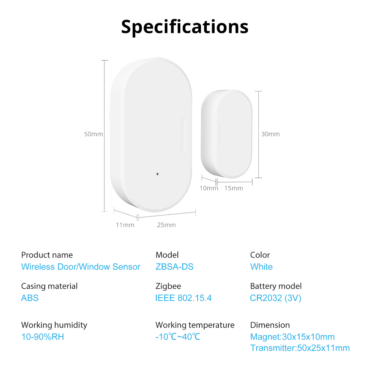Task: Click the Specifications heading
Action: [x=185, y=27]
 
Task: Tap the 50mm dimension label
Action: [x=94, y=134]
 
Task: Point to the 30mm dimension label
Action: [x=270, y=134]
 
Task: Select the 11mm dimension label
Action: [x=125, y=225]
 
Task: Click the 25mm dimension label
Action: [x=166, y=225]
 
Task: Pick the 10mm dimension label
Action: [x=209, y=188]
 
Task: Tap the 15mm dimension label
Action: [x=234, y=188]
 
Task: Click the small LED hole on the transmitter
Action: [x=158, y=174]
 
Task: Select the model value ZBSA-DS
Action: [x=175, y=267]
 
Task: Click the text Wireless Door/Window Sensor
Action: [x=81, y=267]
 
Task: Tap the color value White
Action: [x=262, y=267]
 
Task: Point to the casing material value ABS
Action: [x=30, y=298]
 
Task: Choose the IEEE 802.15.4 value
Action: [x=183, y=298]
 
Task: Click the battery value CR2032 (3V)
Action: [x=276, y=298]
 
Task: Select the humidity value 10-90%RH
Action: [x=43, y=337]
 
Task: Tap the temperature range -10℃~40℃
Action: [x=178, y=337]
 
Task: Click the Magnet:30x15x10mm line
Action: [x=292, y=337]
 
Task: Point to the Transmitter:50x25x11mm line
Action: [x=300, y=348]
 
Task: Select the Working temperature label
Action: [x=195, y=325]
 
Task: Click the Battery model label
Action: [x=276, y=286]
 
